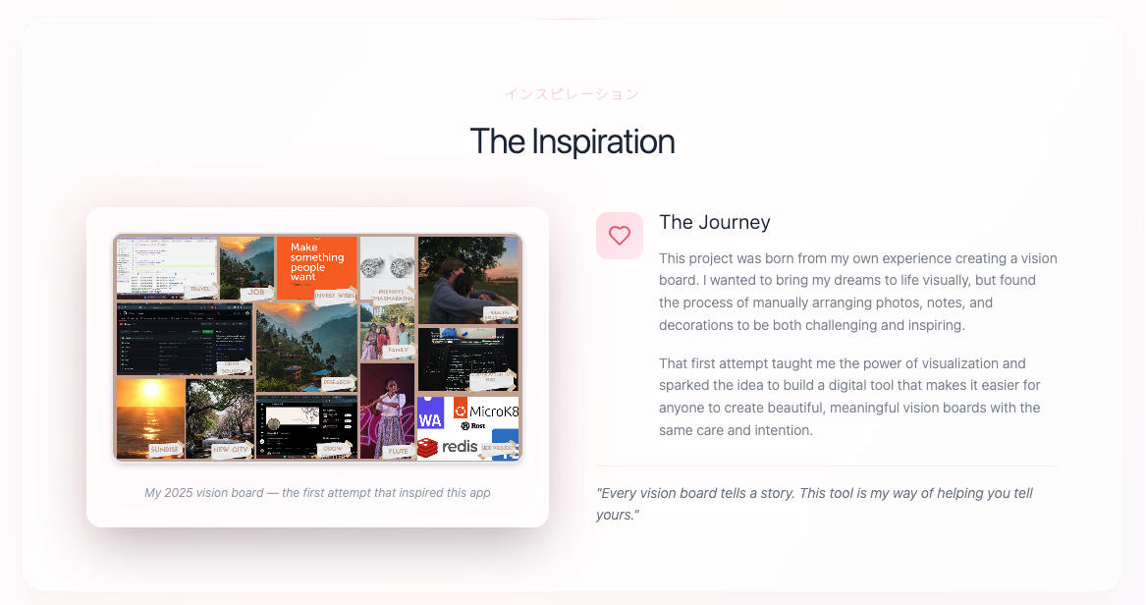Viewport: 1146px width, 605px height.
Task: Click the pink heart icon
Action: tap(619, 236)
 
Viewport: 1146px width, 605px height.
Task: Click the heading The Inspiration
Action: tap(572, 141)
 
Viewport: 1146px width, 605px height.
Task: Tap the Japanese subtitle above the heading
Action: tap(572, 94)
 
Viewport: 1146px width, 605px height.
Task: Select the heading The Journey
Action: tap(714, 222)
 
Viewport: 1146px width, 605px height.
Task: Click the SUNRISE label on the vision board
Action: tap(164, 450)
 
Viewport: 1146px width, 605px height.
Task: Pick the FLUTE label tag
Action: tap(398, 451)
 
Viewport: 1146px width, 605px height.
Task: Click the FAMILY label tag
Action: tap(399, 350)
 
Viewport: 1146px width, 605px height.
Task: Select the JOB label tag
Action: tap(257, 292)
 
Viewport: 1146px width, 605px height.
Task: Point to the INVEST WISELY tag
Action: tap(335, 295)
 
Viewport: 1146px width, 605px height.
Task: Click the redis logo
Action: tap(448, 447)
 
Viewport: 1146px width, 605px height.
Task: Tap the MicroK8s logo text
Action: tap(493, 411)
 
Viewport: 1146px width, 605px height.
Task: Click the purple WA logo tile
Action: tap(430, 413)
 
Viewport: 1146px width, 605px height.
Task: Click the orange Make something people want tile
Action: tap(316, 263)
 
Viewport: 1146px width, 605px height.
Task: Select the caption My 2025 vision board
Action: tap(317, 492)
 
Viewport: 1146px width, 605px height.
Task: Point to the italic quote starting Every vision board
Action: tap(814, 503)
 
